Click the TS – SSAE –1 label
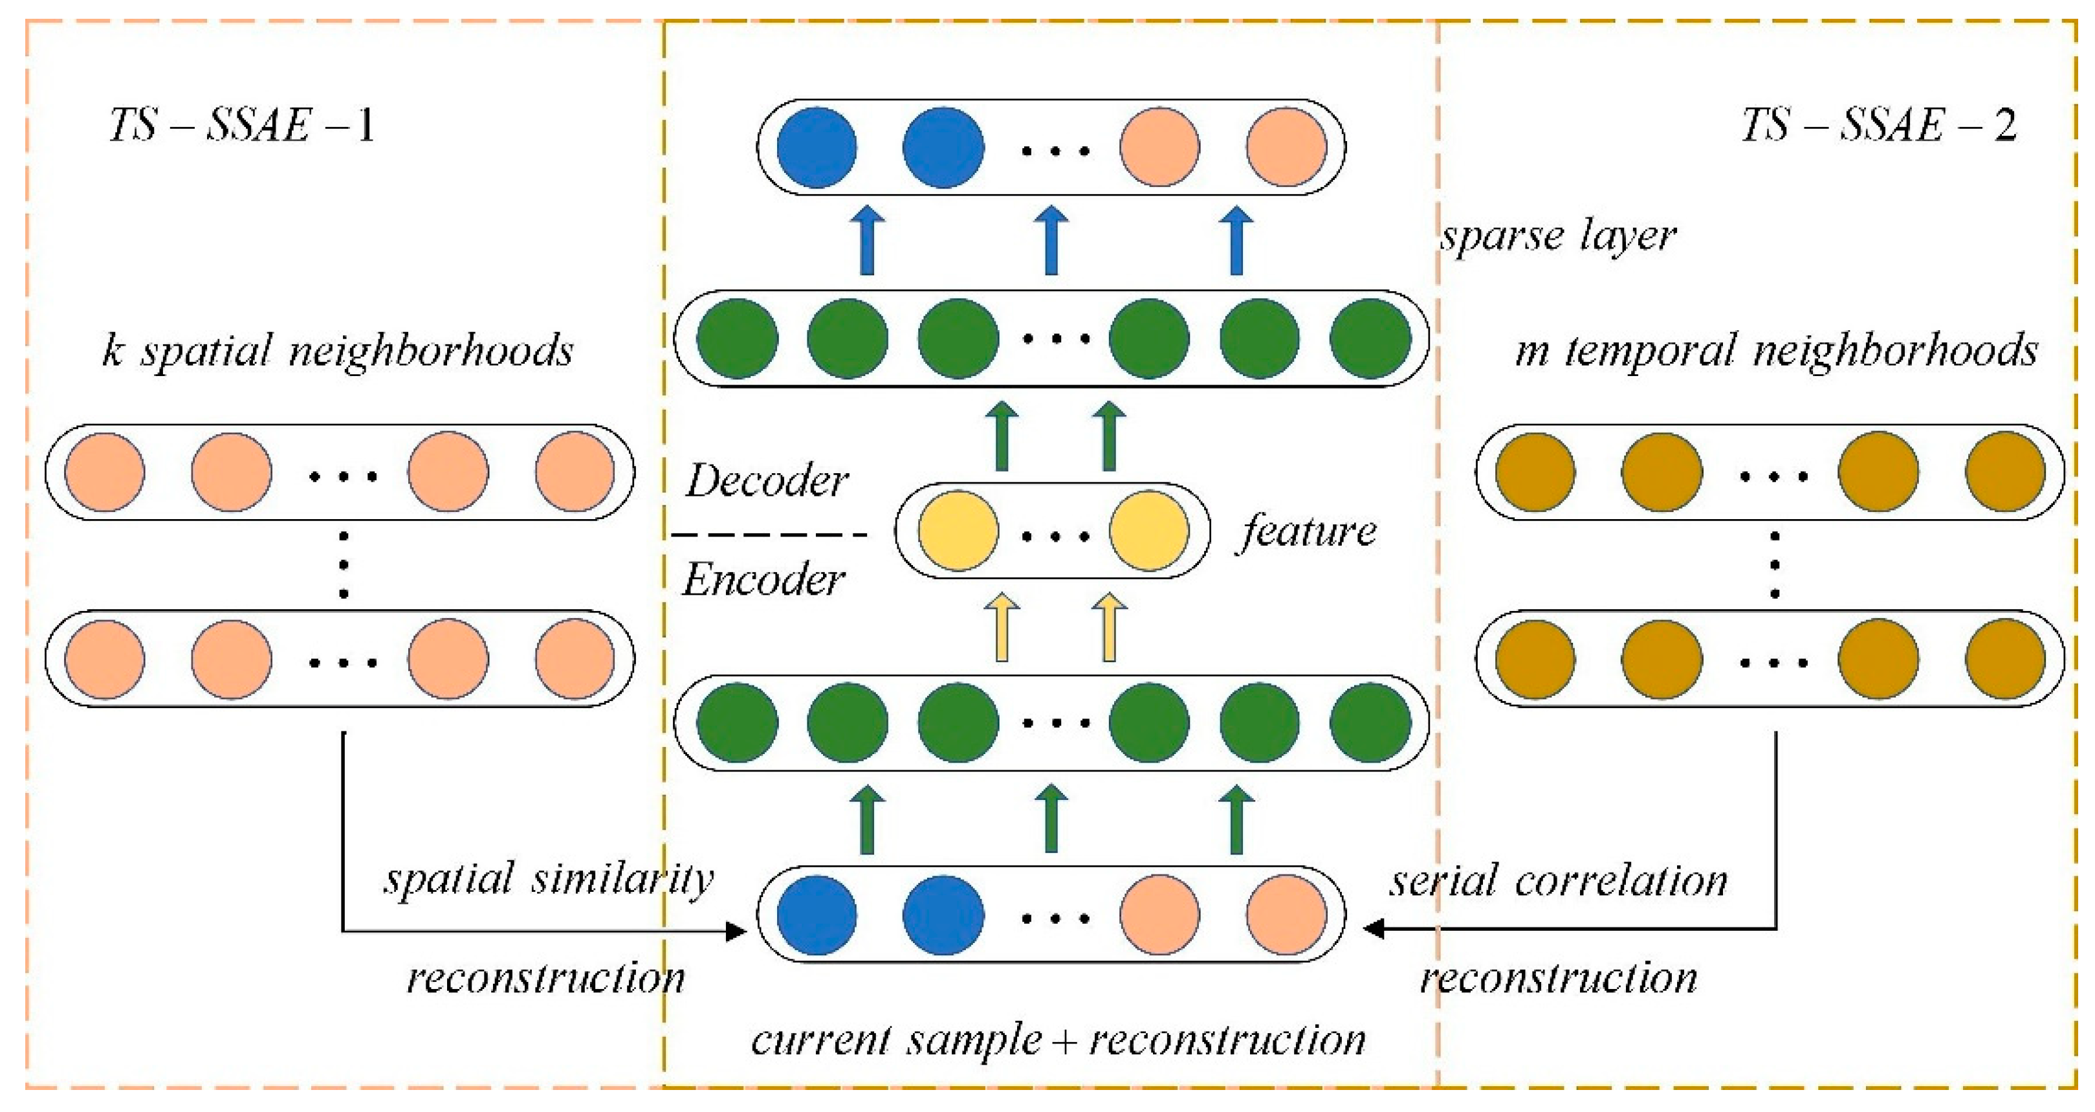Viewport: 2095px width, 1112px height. tap(243, 126)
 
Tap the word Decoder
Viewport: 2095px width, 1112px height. tap(766, 481)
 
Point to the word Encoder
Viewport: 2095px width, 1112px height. tap(763, 580)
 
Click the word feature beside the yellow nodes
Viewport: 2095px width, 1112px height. tap(1308, 531)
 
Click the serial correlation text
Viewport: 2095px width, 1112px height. tap(1557, 881)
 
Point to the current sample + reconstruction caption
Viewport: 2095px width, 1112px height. tap(1057, 1040)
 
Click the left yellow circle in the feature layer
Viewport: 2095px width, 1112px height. tap(958, 530)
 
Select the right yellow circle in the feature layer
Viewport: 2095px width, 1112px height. tap(1148, 530)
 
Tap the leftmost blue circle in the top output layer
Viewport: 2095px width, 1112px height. tap(817, 147)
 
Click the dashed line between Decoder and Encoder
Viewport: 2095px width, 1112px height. tap(769, 535)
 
